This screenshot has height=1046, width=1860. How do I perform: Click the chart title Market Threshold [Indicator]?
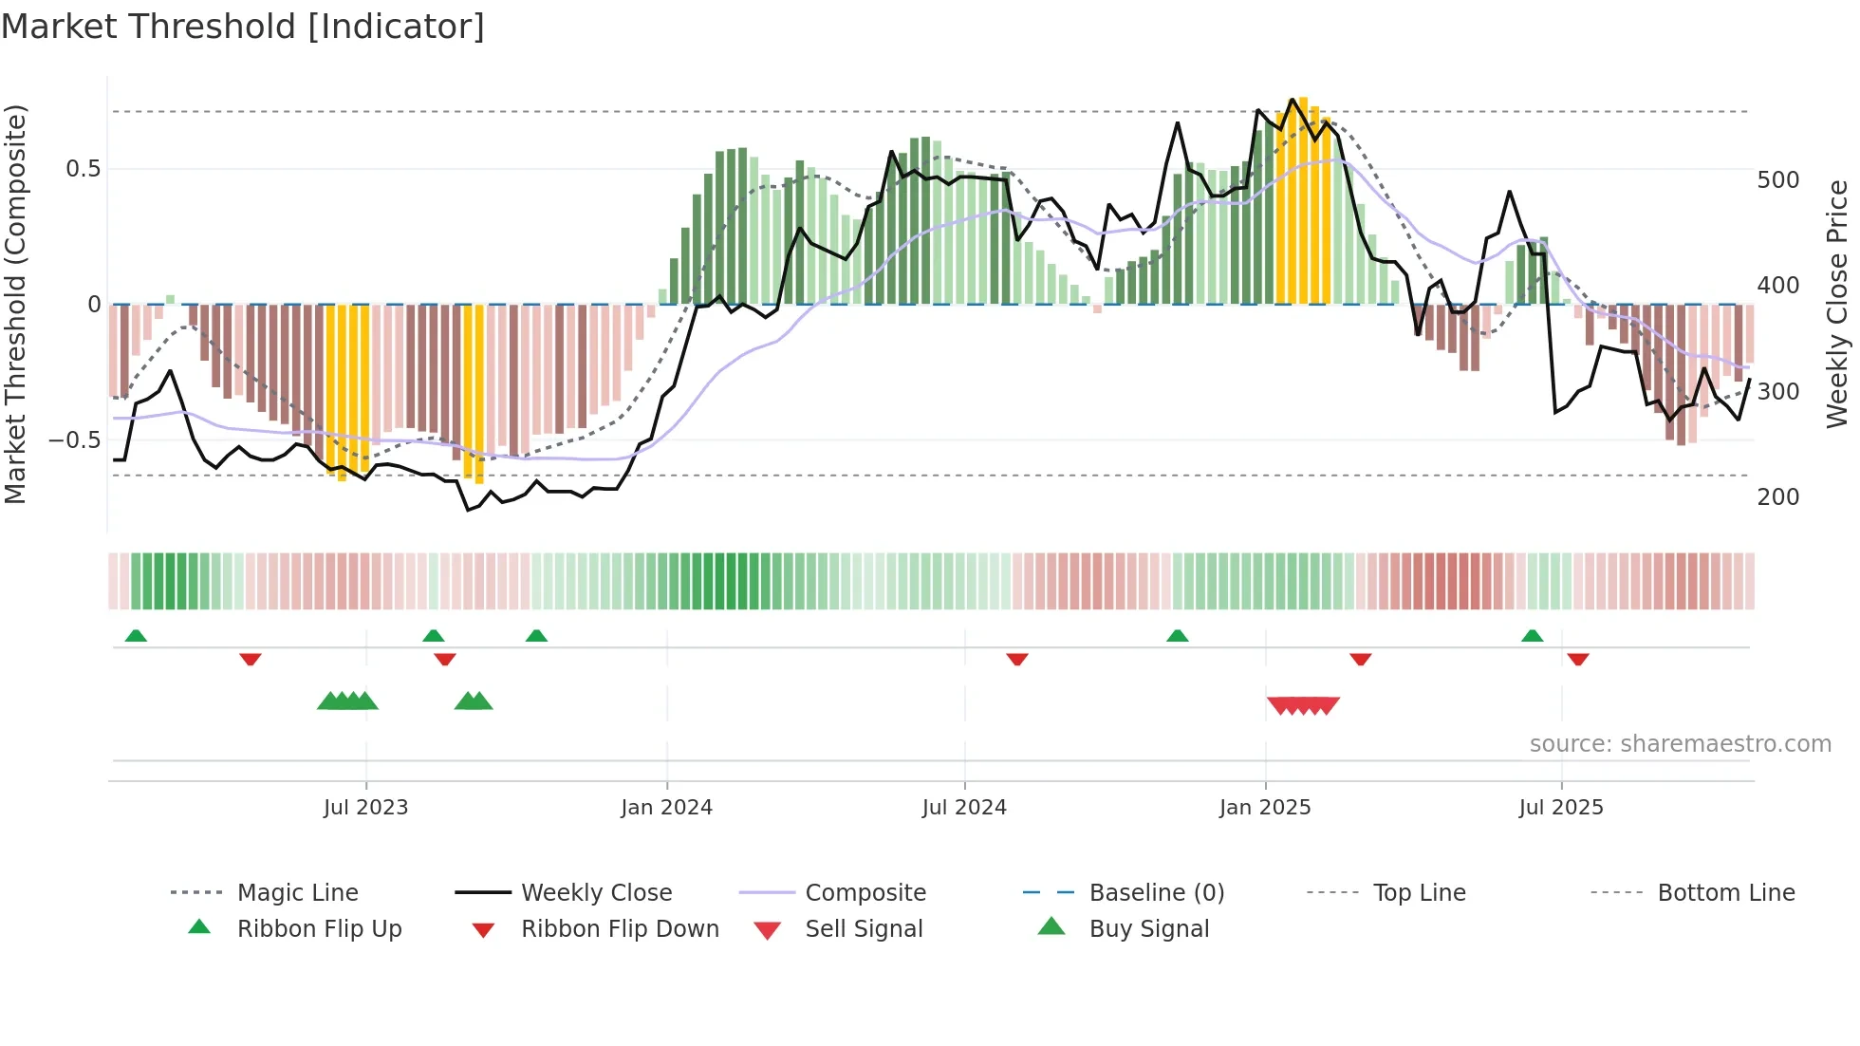coord(243,27)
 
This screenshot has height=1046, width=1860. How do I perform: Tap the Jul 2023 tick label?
coord(365,807)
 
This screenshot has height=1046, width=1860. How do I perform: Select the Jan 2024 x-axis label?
coord(666,807)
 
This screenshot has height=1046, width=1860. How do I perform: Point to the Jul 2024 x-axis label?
coord(964,807)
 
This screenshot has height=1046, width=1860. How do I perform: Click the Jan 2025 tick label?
coord(1265,807)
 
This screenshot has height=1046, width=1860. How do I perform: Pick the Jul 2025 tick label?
coord(1561,807)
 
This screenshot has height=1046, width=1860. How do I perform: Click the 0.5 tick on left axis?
coord(84,169)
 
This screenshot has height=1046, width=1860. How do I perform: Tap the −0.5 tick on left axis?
coord(75,439)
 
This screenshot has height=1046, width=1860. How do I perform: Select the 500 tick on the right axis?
coord(1777,180)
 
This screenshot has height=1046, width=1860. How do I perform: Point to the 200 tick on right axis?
coord(1777,496)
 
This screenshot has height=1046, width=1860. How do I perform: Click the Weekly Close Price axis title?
coord(1837,304)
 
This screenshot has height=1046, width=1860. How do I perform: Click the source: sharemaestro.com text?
coord(1680,743)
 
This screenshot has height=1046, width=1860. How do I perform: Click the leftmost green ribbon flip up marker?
coord(136,635)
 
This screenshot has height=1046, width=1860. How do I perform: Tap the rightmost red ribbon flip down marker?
coord(1578,659)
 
